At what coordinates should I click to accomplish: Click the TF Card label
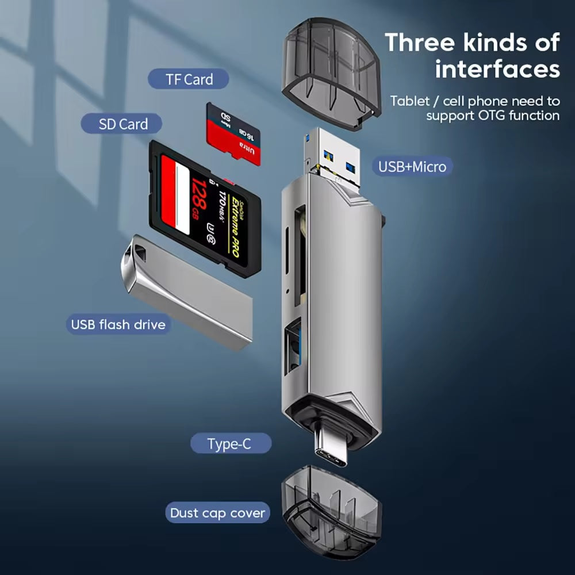click(189, 79)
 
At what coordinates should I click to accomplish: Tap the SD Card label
click(122, 124)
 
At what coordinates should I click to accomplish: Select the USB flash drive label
click(118, 324)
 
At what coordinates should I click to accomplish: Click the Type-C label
click(229, 444)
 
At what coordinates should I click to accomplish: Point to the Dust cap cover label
click(217, 513)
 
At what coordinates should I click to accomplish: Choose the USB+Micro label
click(412, 167)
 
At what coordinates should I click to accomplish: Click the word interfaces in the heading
click(497, 69)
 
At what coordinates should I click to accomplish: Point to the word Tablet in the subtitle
click(409, 101)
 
